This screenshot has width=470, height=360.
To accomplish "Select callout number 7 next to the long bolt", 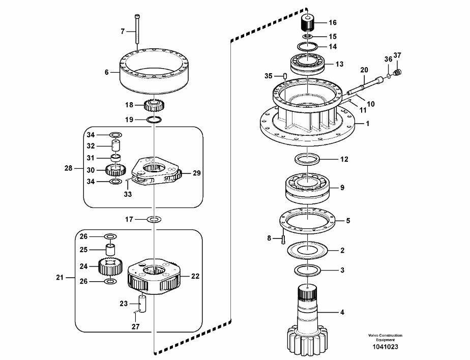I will coord(122,32).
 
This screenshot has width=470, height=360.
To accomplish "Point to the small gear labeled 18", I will coord(153,106).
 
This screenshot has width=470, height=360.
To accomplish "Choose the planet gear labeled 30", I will coord(114,170).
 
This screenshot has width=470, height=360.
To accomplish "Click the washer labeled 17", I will coord(154,220).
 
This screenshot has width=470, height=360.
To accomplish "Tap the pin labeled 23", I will coord(141,303).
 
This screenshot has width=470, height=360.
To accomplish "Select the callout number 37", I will coord(398,55).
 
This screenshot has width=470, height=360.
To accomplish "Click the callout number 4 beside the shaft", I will coord(342,312).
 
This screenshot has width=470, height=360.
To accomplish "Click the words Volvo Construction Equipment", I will coord(385,338).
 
